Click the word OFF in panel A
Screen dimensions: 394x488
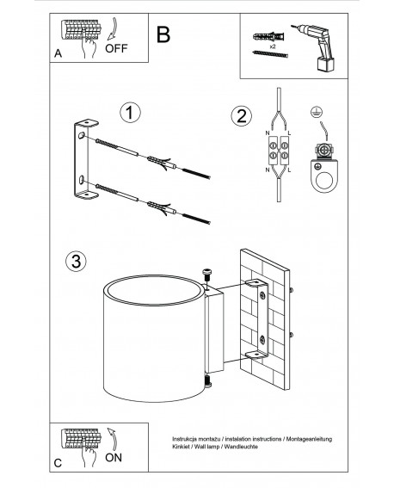(x=116, y=48)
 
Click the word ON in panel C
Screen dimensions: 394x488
(x=114, y=458)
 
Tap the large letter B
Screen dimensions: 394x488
(x=163, y=34)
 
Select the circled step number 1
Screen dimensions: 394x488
(x=130, y=113)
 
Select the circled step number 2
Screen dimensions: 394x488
(x=242, y=116)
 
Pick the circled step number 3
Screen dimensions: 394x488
(x=76, y=261)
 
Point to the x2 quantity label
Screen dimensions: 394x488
(x=273, y=46)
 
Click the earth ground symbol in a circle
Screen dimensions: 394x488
(x=316, y=112)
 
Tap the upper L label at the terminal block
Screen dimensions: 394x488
(x=289, y=133)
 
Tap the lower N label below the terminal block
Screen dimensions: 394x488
(x=268, y=170)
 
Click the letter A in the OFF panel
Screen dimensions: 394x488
(x=58, y=53)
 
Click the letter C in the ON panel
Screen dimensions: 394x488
(x=58, y=463)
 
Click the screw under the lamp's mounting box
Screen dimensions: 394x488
(x=207, y=381)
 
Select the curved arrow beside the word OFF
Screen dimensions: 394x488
(x=113, y=28)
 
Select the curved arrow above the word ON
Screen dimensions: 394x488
(x=113, y=439)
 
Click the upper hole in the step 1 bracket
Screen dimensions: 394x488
(x=82, y=135)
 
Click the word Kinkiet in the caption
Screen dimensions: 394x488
(x=180, y=447)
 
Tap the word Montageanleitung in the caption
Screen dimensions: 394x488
(x=309, y=439)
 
